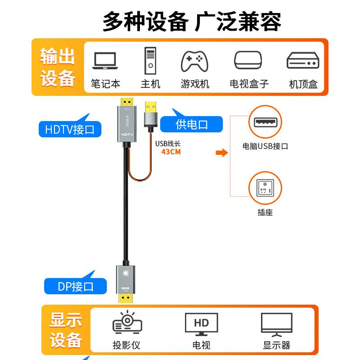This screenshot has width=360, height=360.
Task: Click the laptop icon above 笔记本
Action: tap(105, 61)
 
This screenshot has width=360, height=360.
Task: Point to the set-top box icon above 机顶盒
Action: tap(303, 61)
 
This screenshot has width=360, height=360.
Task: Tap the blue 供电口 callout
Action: tap(192, 124)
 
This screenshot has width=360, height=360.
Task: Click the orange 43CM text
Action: tap(171, 152)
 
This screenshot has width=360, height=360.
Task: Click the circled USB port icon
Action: tap(265, 122)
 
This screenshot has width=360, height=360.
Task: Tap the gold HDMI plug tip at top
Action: tap(127, 101)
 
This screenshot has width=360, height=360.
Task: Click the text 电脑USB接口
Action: tap(265, 146)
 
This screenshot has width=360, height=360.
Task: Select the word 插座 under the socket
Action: tap(265, 212)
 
